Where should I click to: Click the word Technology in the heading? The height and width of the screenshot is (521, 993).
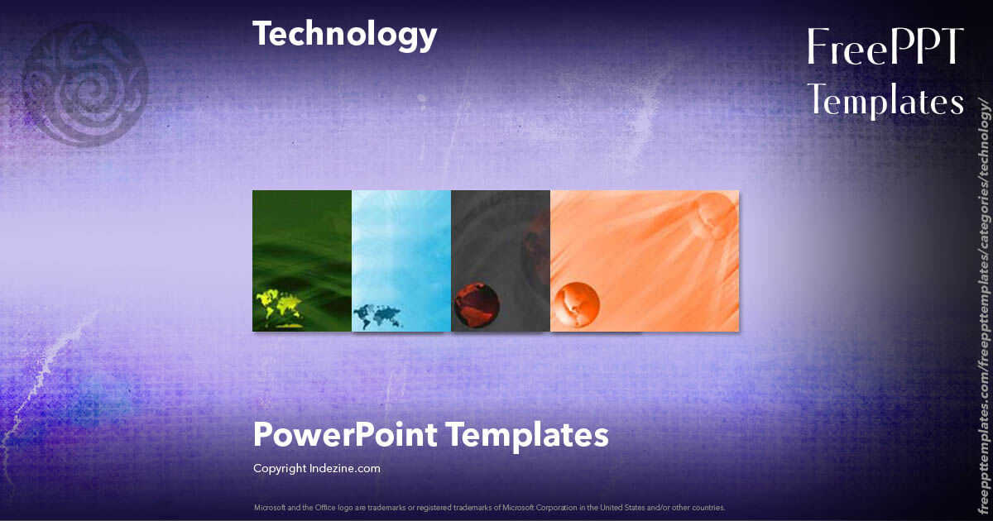344,34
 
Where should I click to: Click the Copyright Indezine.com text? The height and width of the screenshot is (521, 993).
316,468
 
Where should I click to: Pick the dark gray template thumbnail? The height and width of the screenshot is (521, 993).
501,248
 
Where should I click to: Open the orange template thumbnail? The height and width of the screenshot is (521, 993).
645,260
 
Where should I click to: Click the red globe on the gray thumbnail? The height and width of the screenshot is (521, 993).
476,305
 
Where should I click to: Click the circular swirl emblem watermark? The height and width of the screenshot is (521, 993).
85,83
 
